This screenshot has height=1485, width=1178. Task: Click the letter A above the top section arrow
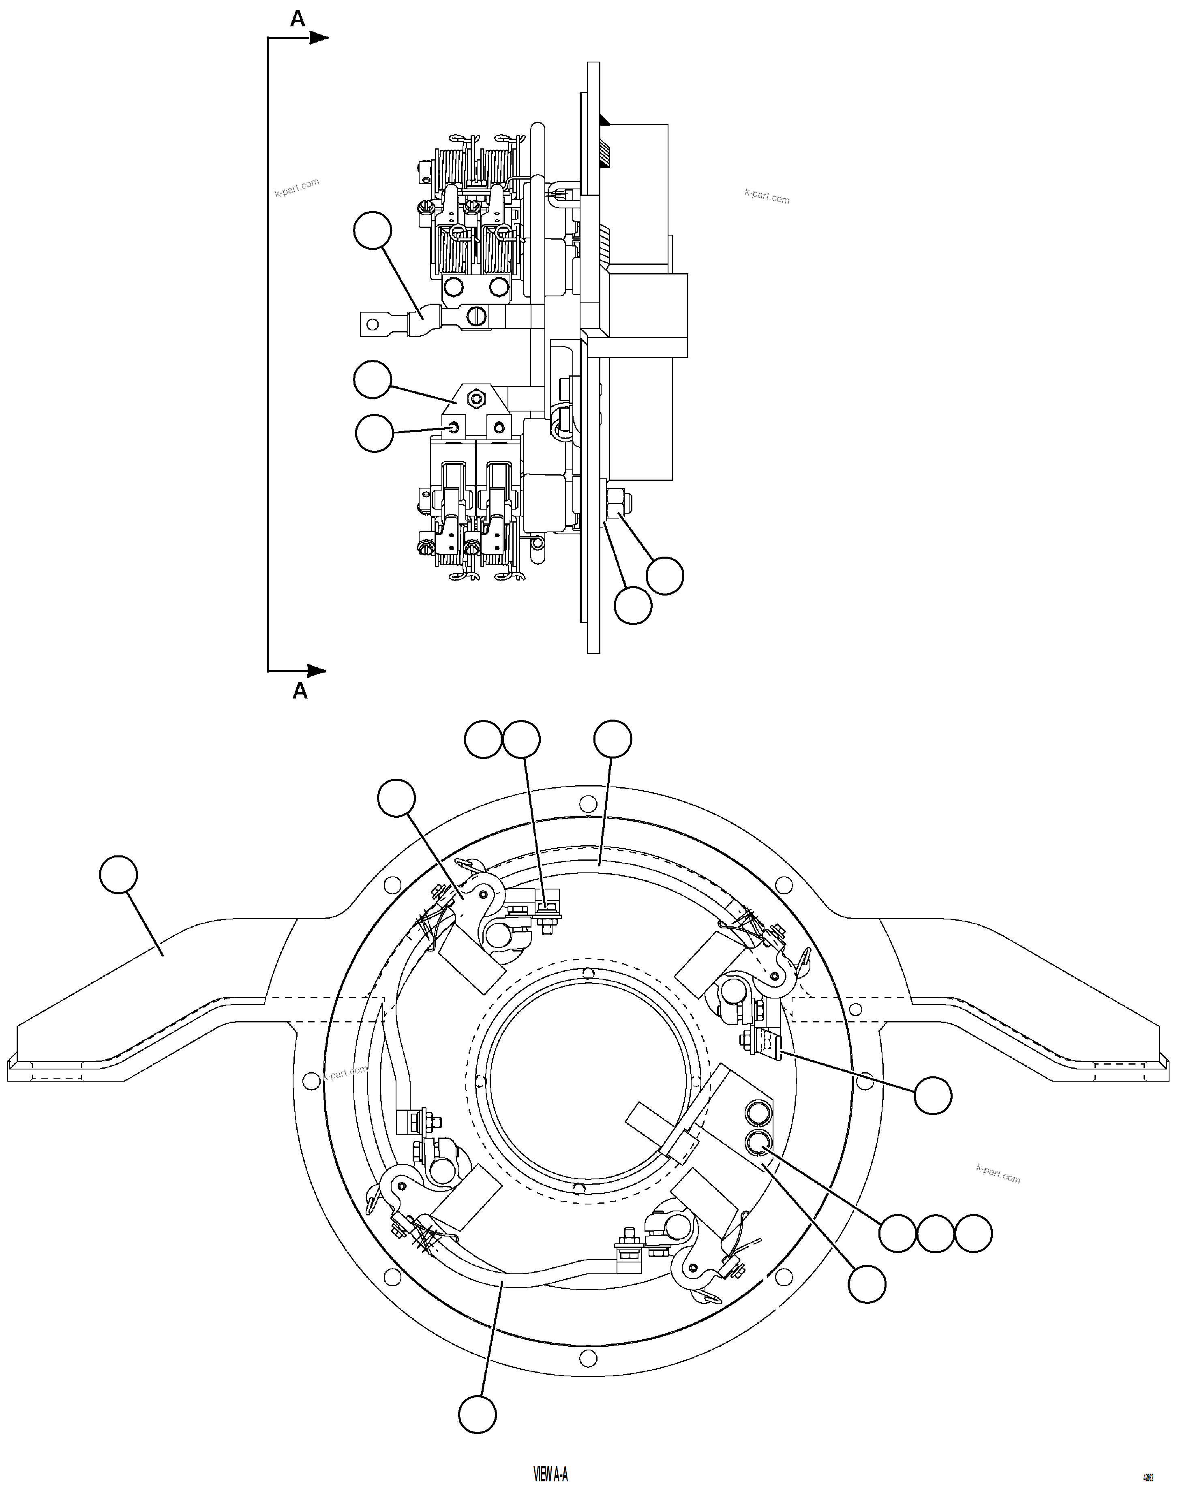pos(298,19)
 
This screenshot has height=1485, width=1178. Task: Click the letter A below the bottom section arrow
pos(300,691)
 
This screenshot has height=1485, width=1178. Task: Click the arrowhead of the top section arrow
pos(319,38)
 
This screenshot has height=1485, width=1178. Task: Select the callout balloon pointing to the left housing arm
pos(118,875)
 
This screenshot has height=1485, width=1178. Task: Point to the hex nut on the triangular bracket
pos(474,397)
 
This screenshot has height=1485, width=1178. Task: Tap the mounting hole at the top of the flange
pos(588,804)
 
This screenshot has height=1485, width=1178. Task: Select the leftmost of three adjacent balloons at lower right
pos(897,1233)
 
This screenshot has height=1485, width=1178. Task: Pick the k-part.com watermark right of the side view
pos(767,196)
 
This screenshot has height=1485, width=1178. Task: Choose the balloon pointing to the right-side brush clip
pos(933,1095)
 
